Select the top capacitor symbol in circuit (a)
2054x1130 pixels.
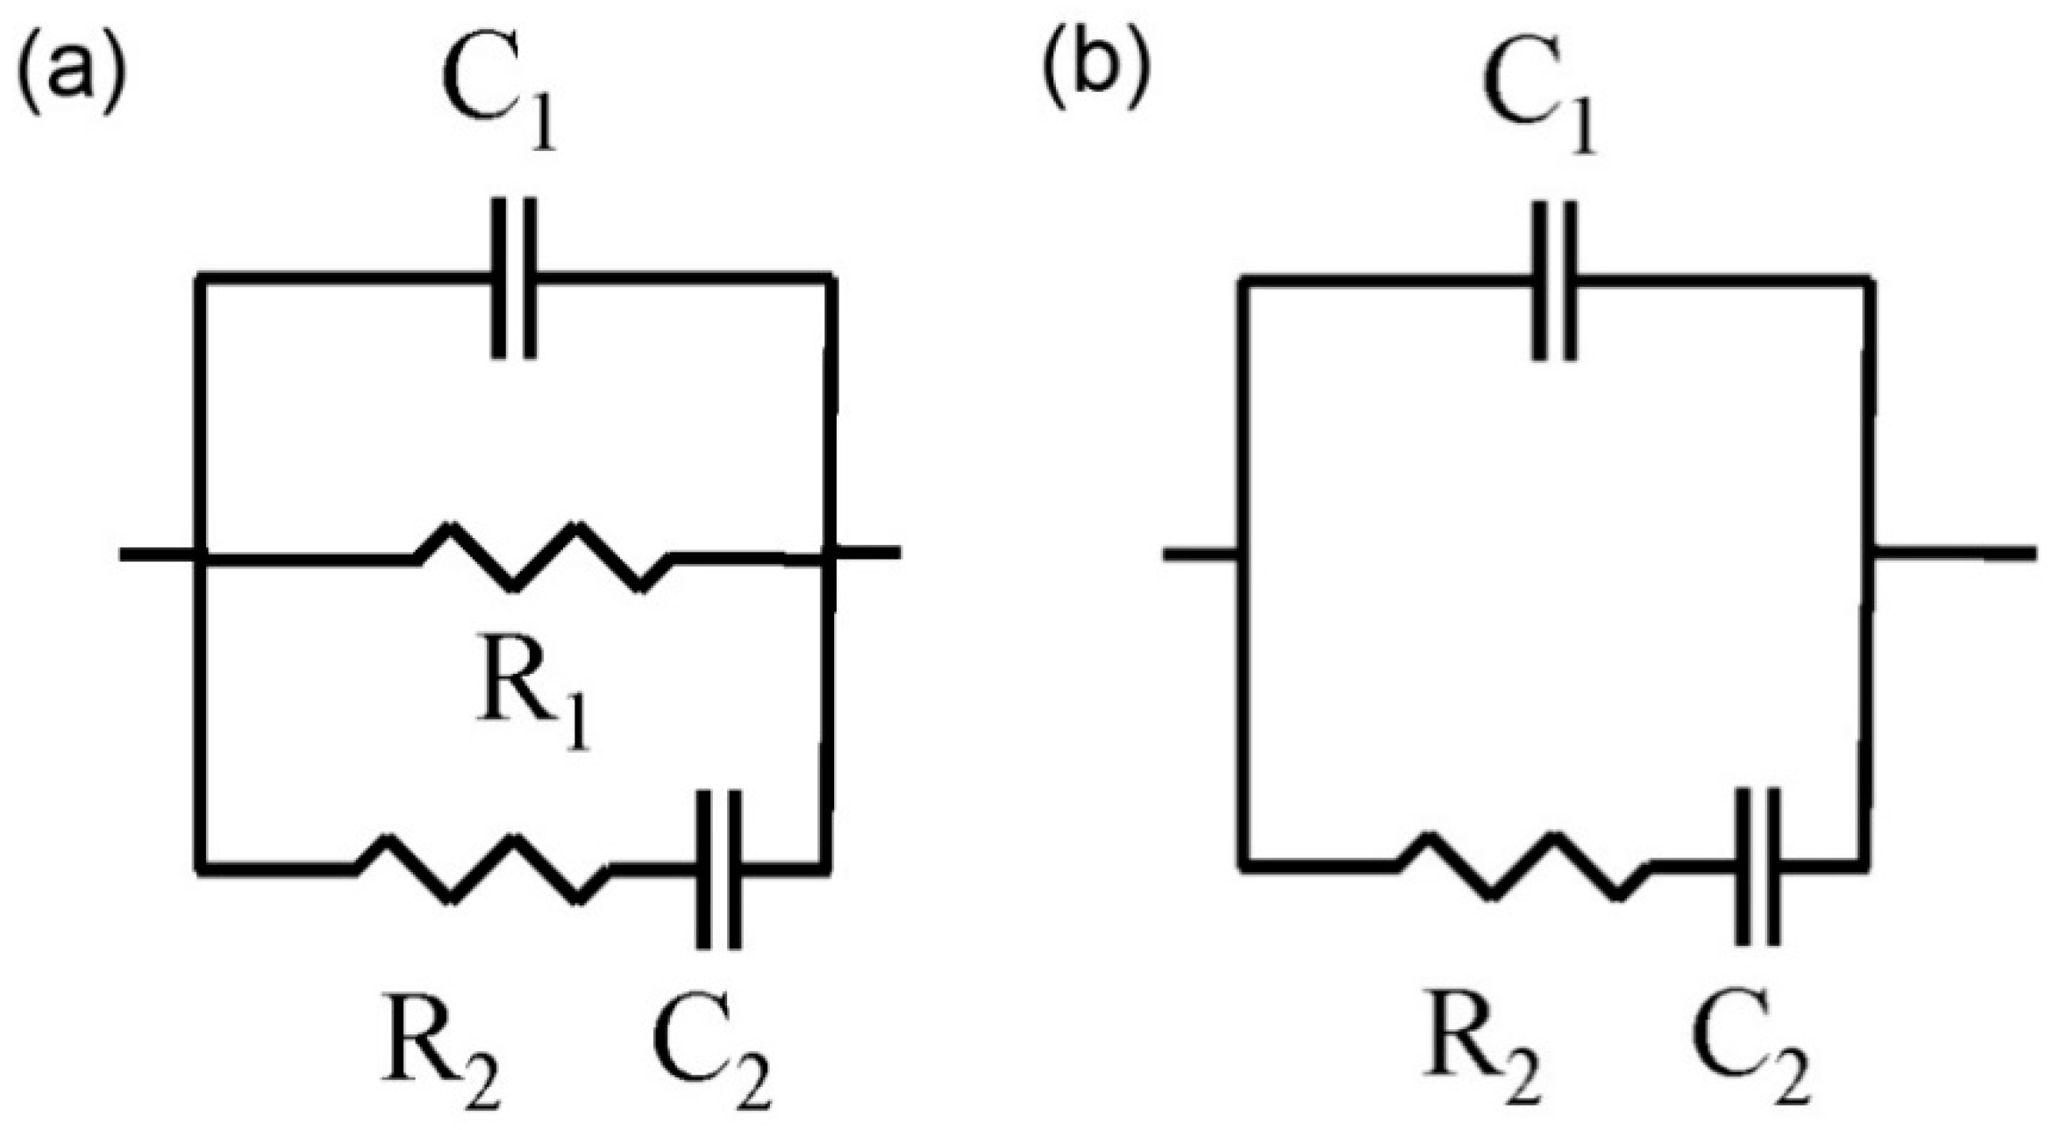(514, 278)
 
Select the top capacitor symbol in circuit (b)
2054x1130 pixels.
(1555, 280)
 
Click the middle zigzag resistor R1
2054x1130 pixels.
(544, 556)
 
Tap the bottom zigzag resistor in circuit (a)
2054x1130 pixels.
(482, 869)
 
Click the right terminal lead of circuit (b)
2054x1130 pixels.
(1956, 553)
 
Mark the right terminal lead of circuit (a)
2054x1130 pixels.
(868, 553)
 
